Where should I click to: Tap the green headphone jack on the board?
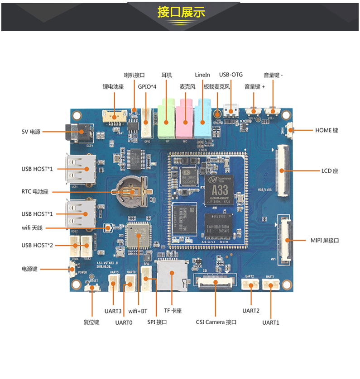click(x=166, y=120)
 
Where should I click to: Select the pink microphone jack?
click(x=185, y=120)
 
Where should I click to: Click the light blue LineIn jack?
click(x=202, y=120)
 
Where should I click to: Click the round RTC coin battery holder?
click(x=131, y=192)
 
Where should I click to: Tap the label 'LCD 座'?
click(x=330, y=171)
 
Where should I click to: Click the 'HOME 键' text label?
click(x=326, y=130)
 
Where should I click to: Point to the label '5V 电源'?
click(x=31, y=132)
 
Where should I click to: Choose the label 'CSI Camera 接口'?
click(x=216, y=322)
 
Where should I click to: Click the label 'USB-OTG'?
click(x=230, y=75)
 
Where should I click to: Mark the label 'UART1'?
click(x=271, y=322)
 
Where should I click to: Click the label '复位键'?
click(x=91, y=322)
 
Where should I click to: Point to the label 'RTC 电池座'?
click(x=38, y=192)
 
